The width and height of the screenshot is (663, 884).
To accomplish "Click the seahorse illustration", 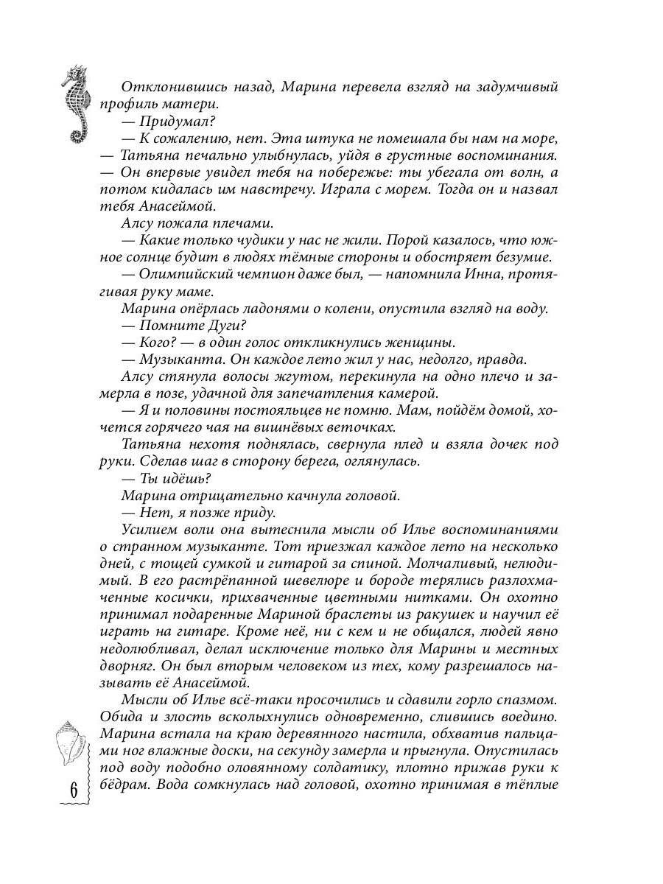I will coord(77,103).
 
